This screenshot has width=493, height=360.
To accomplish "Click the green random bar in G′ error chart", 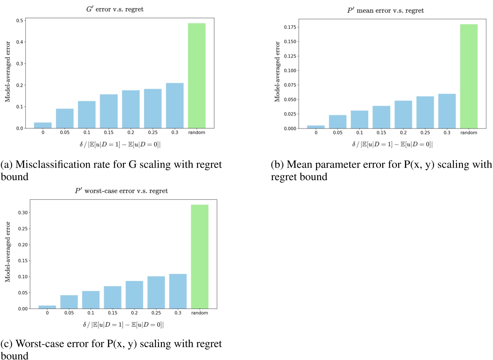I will tap(197, 76).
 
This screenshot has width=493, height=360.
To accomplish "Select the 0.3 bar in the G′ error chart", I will tap(174, 105).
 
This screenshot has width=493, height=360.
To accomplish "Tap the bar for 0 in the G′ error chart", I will tap(43, 125).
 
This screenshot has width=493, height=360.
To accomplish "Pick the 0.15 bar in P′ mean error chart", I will tap(381, 117).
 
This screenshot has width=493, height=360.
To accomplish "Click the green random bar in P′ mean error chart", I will tap(469, 76).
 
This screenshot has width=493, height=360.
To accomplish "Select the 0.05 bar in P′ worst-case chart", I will tap(69, 302).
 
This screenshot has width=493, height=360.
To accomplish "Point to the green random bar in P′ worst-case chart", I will tap(199, 256).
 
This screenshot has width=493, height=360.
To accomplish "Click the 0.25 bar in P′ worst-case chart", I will tap(156, 292).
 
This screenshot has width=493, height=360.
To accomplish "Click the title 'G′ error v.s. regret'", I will tap(115, 9).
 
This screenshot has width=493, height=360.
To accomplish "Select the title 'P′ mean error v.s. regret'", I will tap(385, 11).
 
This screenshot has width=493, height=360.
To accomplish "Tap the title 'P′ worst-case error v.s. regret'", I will tap(121, 191).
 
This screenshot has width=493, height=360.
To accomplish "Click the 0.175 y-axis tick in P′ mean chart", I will tap(290, 27).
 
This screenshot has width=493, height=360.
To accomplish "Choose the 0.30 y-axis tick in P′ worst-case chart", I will tap(23, 213).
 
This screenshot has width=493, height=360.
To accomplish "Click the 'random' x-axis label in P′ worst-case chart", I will tap(199, 313).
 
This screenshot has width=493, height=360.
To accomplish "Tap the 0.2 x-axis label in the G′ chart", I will tap(131, 132).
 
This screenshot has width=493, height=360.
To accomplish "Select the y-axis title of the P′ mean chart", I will tap(277, 71).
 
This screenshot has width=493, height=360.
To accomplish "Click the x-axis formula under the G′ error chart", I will tap(120, 144).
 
